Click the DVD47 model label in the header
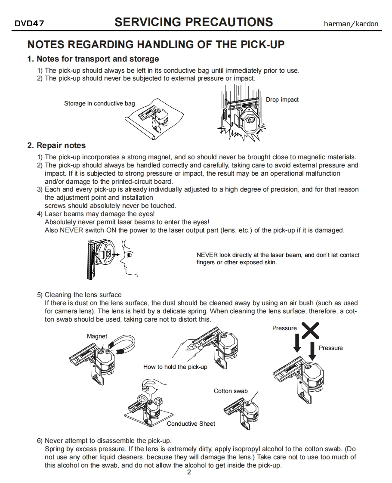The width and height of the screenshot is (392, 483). [29, 24]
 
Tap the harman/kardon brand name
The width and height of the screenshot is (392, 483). [351, 24]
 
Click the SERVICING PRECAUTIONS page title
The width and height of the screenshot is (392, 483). [194, 22]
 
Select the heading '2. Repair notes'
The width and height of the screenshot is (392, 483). [56, 146]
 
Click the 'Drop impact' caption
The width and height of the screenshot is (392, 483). [282, 100]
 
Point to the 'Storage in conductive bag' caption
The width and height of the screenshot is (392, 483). [99, 103]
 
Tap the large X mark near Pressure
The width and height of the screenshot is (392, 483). [310, 330]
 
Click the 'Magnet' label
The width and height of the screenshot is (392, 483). [97, 336]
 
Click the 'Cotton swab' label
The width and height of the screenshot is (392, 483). [231, 391]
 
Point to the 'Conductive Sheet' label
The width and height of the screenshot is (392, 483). [191, 424]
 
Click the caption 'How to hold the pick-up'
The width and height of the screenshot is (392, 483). [175, 367]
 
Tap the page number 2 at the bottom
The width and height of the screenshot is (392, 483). [189, 473]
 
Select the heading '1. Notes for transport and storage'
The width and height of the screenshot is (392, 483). [93, 59]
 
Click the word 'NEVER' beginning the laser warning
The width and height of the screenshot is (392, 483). [207, 255]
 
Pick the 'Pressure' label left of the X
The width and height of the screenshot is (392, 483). [284, 328]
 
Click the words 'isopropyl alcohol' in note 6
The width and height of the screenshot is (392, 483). [260, 449]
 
